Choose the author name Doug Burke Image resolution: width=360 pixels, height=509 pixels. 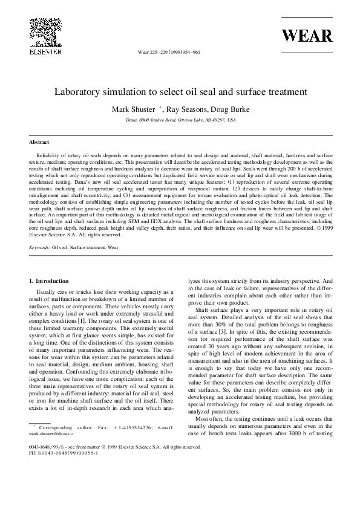[x=234, y=109]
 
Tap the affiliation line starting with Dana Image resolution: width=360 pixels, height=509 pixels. [x=180, y=120]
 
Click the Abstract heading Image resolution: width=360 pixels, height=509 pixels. [x=39, y=142]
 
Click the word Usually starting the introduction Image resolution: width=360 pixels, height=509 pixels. [x=47, y=291]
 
